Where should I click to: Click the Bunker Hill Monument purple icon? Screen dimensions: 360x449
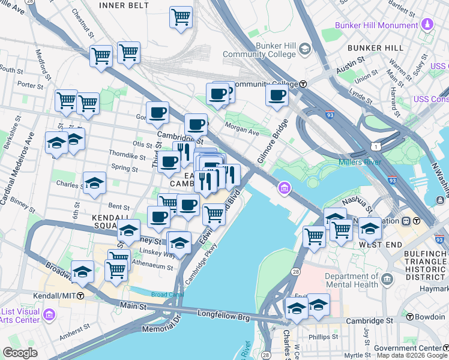[427, 25]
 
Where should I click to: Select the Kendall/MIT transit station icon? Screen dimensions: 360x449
[80, 296]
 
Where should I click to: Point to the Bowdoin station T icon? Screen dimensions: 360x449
[410, 317]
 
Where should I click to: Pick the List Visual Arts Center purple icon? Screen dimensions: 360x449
[49, 314]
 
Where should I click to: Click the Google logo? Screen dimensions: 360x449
[20, 353]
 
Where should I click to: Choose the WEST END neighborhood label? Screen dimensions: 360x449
[380, 245]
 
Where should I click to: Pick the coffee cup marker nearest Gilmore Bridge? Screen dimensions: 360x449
[277, 94]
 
